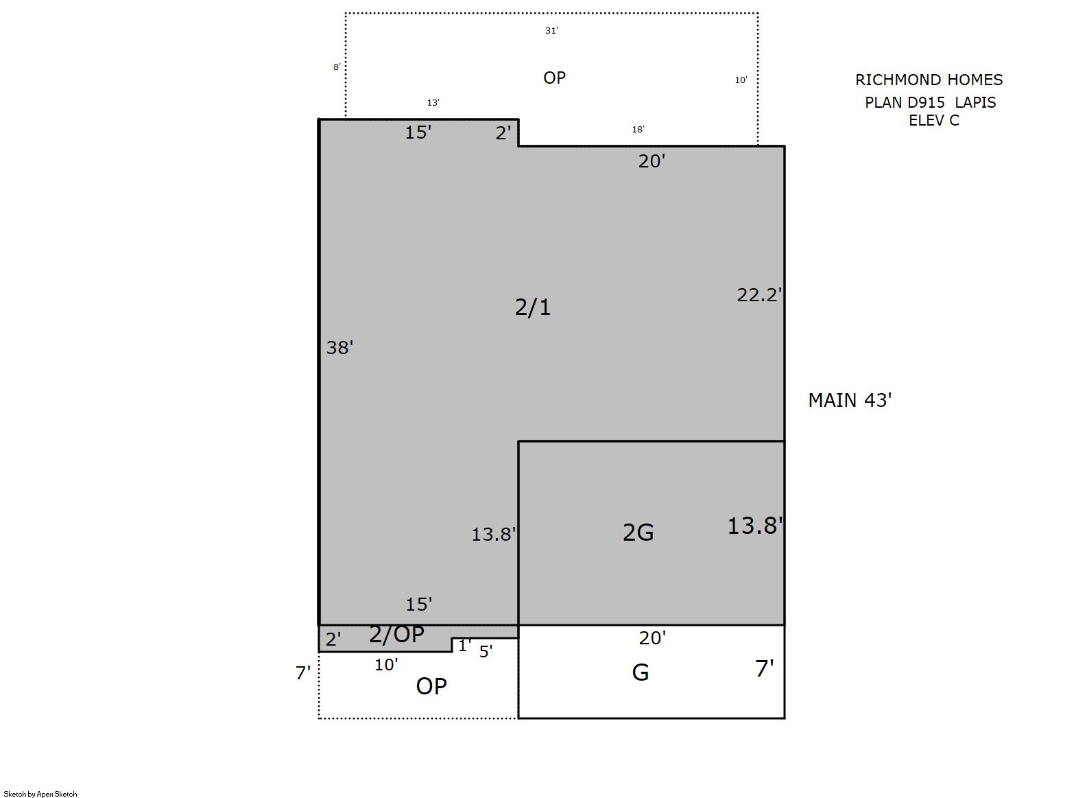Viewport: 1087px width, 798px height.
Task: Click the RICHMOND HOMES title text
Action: (929, 80)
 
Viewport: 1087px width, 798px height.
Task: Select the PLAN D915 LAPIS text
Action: (930, 102)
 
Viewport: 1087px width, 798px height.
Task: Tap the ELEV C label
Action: (933, 120)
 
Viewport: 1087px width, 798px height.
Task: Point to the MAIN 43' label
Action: (850, 400)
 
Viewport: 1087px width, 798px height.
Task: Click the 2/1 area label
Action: (532, 307)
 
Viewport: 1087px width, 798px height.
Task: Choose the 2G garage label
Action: (638, 532)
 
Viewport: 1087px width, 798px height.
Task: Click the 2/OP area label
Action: (396, 635)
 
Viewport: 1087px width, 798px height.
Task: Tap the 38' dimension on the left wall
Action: (339, 348)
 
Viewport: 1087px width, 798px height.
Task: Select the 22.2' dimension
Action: (759, 294)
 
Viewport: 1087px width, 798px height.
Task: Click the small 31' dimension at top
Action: (551, 31)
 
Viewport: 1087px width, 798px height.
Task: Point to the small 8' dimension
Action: (337, 67)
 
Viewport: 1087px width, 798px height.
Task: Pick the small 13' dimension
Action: (433, 102)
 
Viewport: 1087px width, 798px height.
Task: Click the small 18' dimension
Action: (638, 129)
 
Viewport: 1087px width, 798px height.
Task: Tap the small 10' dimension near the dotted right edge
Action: (741, 80)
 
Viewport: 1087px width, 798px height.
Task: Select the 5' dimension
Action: (486, 651)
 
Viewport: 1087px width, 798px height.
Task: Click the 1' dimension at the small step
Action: (464, 645)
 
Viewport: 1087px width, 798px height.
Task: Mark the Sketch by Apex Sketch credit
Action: (40, 794)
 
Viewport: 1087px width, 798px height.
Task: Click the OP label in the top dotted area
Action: (554, 78)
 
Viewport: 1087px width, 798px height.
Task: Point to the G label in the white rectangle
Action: (640, 672)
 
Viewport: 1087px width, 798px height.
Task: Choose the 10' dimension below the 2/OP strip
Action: (386, 664)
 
